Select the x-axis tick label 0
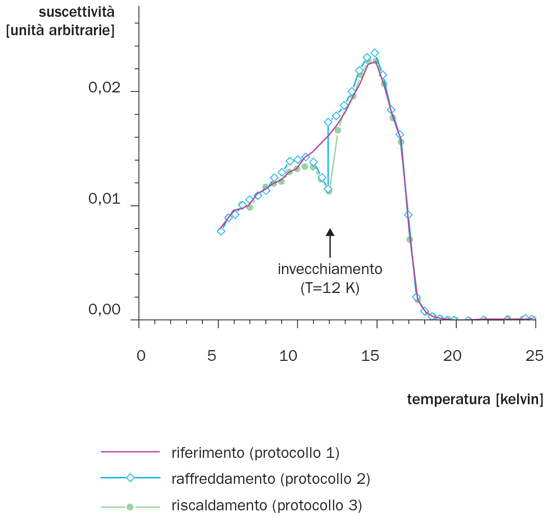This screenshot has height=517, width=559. tap(141, 356)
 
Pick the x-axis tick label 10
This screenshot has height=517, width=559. tap(289, 356)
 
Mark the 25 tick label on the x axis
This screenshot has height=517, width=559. tap(534, 356)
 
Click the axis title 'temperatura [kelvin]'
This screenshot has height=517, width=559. tap(475, 400)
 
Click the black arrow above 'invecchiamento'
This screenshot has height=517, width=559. tap(330, 243)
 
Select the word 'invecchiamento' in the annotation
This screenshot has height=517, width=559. tap(330, 269)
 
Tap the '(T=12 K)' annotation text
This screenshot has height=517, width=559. tap(330, 288)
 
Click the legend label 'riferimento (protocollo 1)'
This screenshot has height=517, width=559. tap(255, 452)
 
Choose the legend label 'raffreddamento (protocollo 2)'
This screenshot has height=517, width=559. tap(271, 479)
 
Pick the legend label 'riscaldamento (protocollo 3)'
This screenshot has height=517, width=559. tap(267, 506)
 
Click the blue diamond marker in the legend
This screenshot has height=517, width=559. tap(130, 478)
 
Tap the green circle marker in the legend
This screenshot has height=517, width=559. tap(130, 507)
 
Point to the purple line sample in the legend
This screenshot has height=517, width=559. tap(130, 452)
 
